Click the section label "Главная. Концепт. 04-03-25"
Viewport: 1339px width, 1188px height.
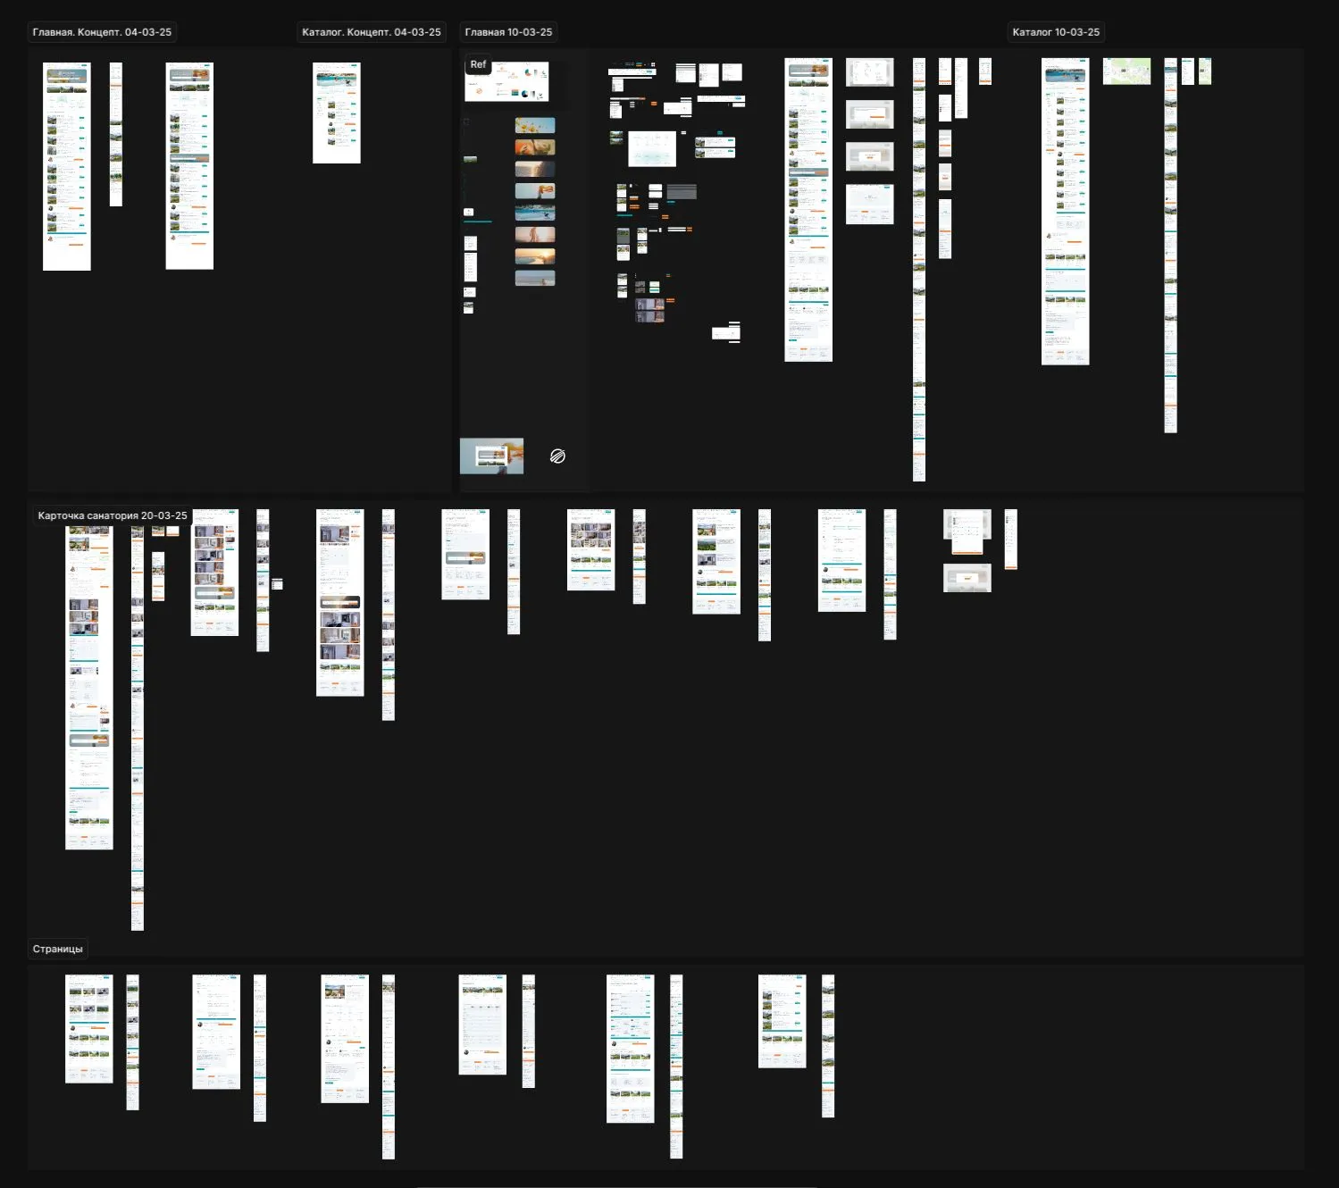tap(102, 32)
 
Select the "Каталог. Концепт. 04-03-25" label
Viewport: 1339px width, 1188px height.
tap(371, 32)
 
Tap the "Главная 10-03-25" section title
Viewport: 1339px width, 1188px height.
tap(508, 32)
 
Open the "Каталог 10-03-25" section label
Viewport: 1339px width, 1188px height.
tap(1056, 32)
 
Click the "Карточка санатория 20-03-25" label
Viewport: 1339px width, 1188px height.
tap(113, 515)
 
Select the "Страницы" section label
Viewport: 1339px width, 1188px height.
tap(57, 949)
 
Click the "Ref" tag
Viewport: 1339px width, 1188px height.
tap(478, 64)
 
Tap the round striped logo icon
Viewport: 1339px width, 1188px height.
tap(557, 456)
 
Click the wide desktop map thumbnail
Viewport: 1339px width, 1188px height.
tap(1126, 71)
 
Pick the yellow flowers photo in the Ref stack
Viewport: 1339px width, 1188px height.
tap(535, 126)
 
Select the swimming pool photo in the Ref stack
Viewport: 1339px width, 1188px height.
tap(535, 213)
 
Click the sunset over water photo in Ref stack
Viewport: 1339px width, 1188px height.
tap(535, 256)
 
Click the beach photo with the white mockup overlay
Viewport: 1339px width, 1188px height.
tap(491, 456)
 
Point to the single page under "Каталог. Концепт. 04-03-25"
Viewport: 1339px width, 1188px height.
tap(337, 113)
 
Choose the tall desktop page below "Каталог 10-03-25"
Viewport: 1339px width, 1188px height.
tap(1065, 212)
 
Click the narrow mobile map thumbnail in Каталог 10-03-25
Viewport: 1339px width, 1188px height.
tap(1204, 71)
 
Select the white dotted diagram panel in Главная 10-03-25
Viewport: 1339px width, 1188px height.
tap(652, 149)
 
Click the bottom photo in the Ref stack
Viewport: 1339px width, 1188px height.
tap(535, 278)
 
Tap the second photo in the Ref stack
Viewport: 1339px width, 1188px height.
tap(535, 147)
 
